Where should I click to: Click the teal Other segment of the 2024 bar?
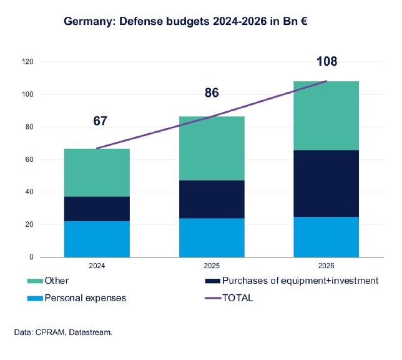(97, 172)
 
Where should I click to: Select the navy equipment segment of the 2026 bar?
(326, 183)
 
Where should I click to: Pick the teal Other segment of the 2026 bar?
(326, 116)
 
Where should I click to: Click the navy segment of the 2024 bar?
(97, 209)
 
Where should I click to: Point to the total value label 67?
(100, 121)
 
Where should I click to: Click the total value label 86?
(212, 93)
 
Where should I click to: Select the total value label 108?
(326, 62)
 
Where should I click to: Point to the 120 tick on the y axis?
(27, 62)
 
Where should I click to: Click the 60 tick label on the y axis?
(29, 159)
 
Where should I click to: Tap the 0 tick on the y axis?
(31, 257)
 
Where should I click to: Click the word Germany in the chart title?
(87, 22)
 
